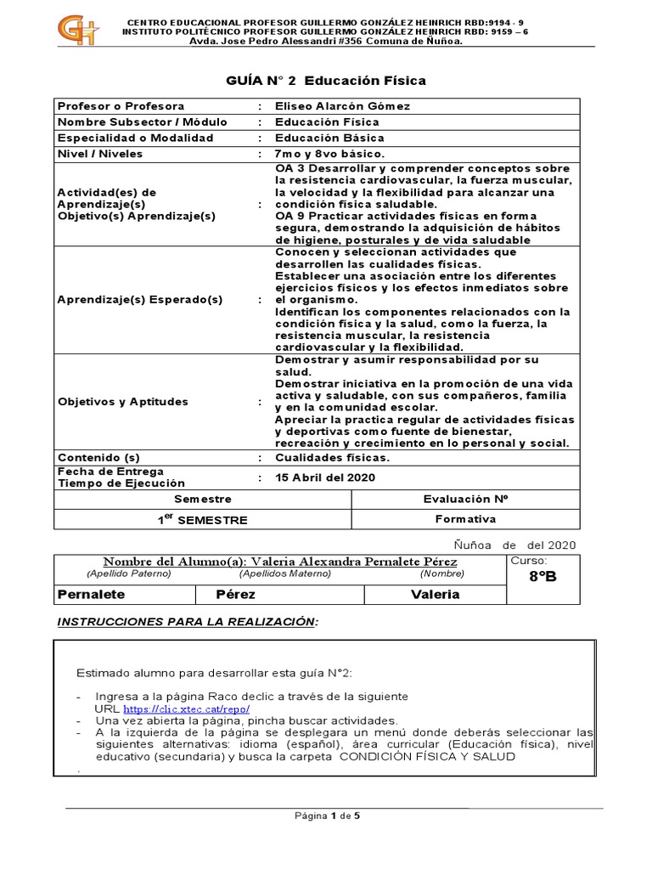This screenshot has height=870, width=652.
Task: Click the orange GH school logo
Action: coord(77,31)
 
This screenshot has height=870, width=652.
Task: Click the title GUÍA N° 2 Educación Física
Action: coord(325,81)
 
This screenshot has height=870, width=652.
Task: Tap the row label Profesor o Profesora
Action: coord(120,106)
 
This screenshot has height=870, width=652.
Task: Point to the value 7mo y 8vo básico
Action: coord(329,154)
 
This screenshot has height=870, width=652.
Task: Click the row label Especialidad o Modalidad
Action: coord(135,138)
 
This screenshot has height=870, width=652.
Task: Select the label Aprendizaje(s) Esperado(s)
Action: coord(139,300)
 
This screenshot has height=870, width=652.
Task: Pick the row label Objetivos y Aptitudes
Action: coord(122,402)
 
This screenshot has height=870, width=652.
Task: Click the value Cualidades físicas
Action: coord(333,457)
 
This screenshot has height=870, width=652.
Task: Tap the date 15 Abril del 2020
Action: coord(325,477)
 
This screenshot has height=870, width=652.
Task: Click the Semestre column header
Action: coord(202,500)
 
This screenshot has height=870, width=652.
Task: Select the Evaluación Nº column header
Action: coord(465,500)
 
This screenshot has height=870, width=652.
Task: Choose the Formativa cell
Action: coord(465,519)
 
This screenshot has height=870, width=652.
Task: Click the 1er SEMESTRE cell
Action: coord(202,519)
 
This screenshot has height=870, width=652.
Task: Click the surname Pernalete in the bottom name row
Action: coord(91,594)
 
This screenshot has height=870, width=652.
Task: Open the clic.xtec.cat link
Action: coord(186,709)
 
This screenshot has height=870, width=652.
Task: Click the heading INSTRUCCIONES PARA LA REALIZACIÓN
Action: coord(187,622)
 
